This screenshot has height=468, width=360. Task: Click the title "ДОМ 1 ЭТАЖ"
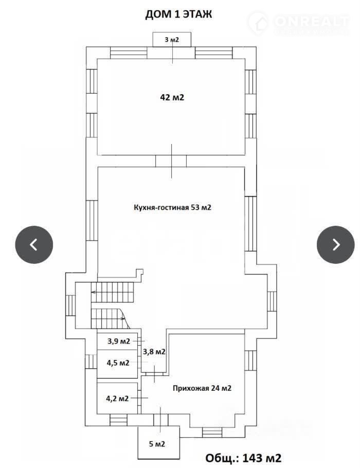(178, 14)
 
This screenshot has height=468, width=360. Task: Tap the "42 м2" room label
(172, 97)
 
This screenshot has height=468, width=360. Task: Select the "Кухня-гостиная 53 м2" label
(172, 207)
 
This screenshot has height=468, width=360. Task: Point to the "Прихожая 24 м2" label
(202, 388)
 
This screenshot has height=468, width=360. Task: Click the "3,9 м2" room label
(118, 341)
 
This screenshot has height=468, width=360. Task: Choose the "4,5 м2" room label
(118, 363)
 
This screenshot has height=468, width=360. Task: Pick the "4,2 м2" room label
(117, 398)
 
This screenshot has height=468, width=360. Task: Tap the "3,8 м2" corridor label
(154, 352)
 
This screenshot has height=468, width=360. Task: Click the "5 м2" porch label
(157, 444)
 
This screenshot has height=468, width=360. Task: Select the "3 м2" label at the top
(172, 40)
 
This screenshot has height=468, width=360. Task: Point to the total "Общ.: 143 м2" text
(243, 458)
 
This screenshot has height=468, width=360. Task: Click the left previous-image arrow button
(34, 245)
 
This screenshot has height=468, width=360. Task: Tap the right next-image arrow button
(335, 245)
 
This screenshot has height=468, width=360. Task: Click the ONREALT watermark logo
(298, 23)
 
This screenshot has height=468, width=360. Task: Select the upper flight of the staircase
(112, 292)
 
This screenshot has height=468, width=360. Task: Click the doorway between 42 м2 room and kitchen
(171, 161)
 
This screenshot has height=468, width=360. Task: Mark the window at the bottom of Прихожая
(212, 432)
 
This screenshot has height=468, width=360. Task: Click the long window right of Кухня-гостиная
(250, 224)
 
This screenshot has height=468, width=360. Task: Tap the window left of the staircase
(70, 305)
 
